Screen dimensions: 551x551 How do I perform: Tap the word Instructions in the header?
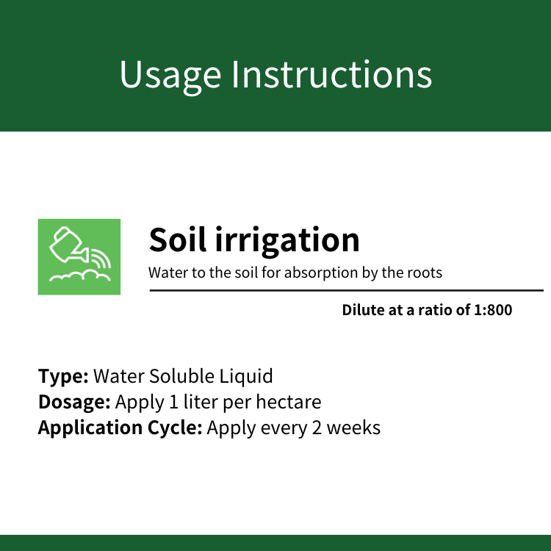[x=332, y=73]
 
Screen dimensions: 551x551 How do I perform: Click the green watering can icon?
[x=79, y=257]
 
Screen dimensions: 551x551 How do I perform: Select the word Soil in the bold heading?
[x=178, y=240]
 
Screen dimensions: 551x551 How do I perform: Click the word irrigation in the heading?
[x=287, y=242]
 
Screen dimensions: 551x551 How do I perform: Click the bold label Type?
[x=63, y=377]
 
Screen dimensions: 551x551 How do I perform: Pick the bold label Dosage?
[x=74, y=402]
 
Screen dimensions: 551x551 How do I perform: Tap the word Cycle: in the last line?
[x=175, y=428]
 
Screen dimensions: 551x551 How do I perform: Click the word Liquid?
[x=246, y=377]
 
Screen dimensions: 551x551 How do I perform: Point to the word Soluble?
[x=181, y=376]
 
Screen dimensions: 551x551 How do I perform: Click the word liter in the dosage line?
[x=201, y=402]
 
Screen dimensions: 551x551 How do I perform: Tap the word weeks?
[x=353, y=428]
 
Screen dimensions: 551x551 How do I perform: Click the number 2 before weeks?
[x=317, y=428]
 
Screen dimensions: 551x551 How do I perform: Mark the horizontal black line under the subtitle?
[x=347, y=291]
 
